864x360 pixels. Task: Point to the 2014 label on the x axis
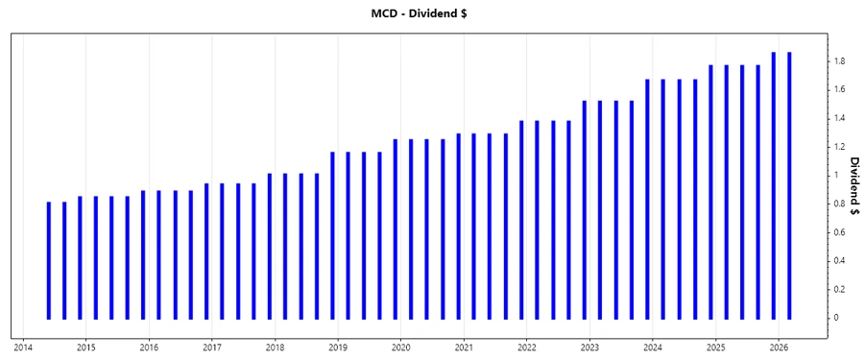point(23,347)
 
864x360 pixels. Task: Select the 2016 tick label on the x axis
point(149,347)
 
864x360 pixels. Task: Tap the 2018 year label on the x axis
point(275,347)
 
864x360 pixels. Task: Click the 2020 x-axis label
point(400,347)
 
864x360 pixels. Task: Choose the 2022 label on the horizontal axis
point(526,347)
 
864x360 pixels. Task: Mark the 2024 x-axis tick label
point(652,347)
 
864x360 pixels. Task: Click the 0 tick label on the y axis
point(836,318)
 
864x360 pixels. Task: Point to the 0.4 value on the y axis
point(839,261)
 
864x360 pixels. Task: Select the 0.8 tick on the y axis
point(839,204)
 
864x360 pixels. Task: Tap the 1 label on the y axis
point(836,175)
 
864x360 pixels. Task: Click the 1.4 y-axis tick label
point(839,118)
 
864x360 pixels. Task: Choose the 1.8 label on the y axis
point(839,61)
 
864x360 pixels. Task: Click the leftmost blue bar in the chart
point(48,260)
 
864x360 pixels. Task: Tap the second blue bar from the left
point(64,260)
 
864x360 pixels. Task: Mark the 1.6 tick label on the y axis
point(839,89)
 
